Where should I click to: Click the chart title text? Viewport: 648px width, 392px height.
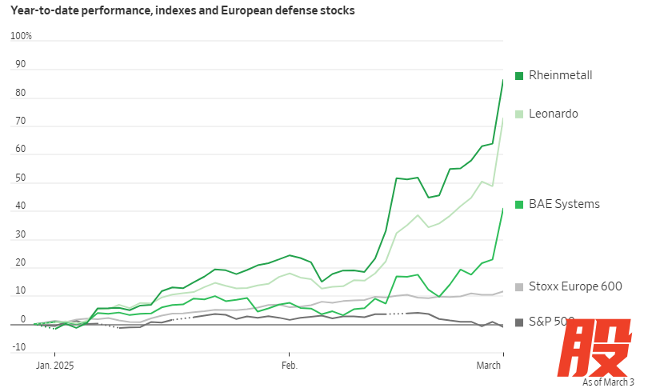tap(182, 11)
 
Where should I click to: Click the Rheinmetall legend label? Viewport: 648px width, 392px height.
tap(560, 75)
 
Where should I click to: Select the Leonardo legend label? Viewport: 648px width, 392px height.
tap(554, 114)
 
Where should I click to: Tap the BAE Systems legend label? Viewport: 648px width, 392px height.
tap(564, 204)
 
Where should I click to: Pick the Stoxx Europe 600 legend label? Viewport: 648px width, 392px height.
tap(575, 286)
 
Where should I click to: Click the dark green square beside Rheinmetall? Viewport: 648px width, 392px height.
tap(519, 75)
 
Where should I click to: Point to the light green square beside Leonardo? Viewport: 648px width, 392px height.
tap(519, 114)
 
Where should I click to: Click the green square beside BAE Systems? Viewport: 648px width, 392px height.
tap(519, 204)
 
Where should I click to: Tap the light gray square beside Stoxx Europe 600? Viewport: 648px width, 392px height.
tap(519, 286)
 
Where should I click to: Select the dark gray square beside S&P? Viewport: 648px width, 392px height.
tap(519, 322)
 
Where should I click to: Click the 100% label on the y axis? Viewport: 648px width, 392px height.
tap(21, 36)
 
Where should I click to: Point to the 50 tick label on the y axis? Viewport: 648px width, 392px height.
tap(21, 178)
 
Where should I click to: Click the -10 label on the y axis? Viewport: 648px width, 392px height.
tap(18, 347)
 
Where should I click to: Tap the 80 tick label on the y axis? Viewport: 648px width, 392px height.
tap(21, 93)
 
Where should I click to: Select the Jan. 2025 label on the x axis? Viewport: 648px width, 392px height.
tap(54, 366)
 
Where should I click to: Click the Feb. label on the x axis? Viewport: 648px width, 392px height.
tap(289, 366)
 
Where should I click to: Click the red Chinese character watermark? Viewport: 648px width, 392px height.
tap(592, 350)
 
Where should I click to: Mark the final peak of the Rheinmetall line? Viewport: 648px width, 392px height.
tap(502, 79)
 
